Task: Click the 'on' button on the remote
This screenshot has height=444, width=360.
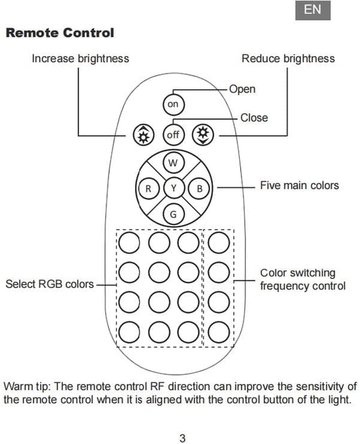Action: pyautogui.click(x=173, y=105)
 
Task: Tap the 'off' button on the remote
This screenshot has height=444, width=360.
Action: pyautogui.click(x=173, y=135)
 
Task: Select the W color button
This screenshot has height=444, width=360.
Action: pyautogui.click(x=173, y=163)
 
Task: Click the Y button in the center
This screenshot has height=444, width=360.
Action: pyautogui.click(x=173, y=188)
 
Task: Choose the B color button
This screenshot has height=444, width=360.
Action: pyautogui.click(x=200, y=188)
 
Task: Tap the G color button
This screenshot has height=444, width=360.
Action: pyautogui.click(x=173, y=214)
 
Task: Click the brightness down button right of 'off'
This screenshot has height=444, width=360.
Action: pyautogui.click(x=203, y=136)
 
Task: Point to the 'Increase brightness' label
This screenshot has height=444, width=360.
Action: pyautogui.click(x=80, y=58)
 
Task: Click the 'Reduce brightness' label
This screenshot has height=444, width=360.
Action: pyautogui.click(x=288, y=58)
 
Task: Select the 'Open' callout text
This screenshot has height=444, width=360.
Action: pyautogui.click(x=242, y=89)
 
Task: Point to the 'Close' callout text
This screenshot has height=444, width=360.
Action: pyautogui.click(x=254, y=118)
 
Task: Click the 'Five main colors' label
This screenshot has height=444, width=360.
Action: pyautogui.click(x=299, y=185)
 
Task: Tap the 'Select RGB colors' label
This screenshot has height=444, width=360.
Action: pyautogui.click(x=50, y=284)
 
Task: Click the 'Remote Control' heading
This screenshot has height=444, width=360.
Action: pyautogui.click(x=59, y=32)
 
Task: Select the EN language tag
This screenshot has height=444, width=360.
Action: pyautogui.click(x=313, y=10)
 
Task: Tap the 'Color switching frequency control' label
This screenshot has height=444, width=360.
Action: pyautogui.click(x=303, y=279)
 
